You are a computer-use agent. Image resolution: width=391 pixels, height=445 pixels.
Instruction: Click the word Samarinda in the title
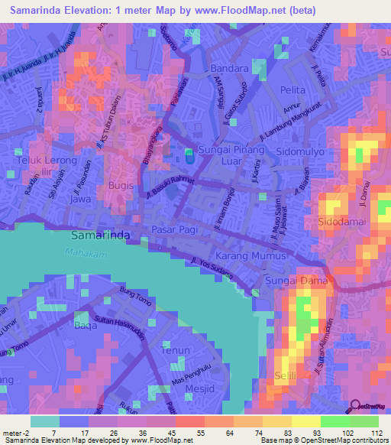40,10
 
